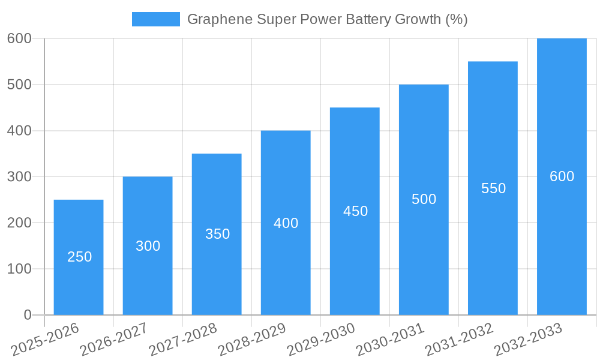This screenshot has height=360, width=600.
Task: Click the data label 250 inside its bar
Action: click(79, 257)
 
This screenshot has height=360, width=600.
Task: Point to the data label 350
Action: click(217, 234)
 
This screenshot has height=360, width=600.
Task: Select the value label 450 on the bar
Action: click(355, 211)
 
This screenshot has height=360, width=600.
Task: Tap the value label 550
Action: click(493, 188)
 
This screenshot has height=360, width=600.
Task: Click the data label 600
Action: click(562, 176)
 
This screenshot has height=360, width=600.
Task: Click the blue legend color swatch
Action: click(155, 19)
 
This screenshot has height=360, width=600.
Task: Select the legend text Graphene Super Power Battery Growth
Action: click(327, 19)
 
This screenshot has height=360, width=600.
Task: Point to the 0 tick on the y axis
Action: click(27, 315)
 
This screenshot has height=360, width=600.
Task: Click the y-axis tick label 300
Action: click(19, 177)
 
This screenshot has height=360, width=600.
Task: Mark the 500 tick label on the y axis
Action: click(19, 85)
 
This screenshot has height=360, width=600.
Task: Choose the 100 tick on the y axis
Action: click(19, 269)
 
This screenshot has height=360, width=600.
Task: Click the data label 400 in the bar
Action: click(286, 223)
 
